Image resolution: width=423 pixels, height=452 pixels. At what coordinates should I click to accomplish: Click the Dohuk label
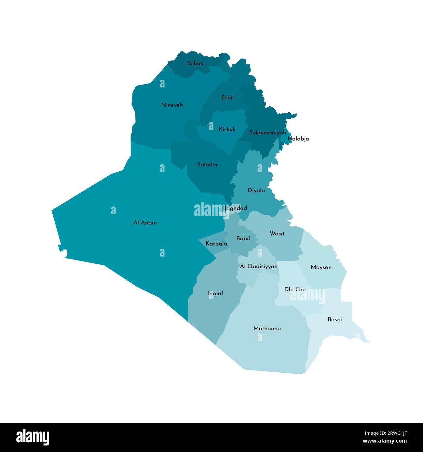coord(195,63)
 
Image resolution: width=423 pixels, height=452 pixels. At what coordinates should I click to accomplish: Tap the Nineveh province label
coord(172,105)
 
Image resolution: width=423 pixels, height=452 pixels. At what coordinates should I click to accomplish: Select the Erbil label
coord(227,97)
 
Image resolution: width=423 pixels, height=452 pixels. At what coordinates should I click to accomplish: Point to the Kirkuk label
coord(227,129)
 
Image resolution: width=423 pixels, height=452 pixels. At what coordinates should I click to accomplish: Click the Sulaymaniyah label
coord(267,132)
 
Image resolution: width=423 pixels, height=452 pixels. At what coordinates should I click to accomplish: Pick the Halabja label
coord(298,139)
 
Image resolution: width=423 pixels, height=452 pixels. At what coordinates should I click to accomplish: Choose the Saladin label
coord(207,165)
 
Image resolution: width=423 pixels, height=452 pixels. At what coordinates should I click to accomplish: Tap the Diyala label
coord(256,190)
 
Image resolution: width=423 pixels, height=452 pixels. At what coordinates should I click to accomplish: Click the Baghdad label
coord(235,208)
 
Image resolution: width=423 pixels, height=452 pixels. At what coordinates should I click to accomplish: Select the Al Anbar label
coord(145,223)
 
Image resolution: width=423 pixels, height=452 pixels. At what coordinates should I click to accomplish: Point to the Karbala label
coord(216,243)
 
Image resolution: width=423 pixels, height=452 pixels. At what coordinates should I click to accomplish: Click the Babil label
coord(243,238)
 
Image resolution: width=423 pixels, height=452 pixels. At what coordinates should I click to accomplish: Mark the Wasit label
coord(277,233)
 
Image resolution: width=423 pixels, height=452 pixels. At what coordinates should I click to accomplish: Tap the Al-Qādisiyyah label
coord(259,266)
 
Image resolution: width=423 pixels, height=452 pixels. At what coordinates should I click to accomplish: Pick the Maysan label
coord(321,267)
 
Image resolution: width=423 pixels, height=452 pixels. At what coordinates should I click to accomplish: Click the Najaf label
coord(216,293)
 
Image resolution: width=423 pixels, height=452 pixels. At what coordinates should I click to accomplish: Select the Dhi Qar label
coord(295,289)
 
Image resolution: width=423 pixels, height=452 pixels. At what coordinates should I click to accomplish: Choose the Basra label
coord(335,319)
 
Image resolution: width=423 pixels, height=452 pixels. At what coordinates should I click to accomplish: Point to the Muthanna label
coord(267,328)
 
